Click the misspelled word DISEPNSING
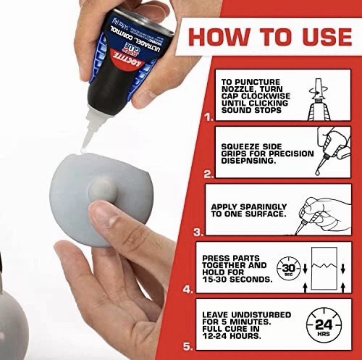click(248, 161)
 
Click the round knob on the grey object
click(103, 189)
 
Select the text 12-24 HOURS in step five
click(231, 336)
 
